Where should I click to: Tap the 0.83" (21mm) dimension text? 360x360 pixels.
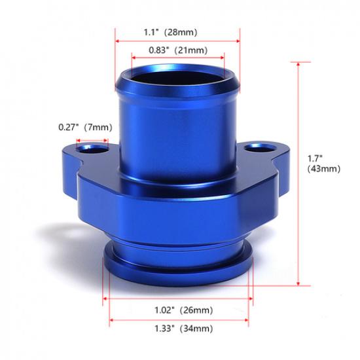(x=178, y=50)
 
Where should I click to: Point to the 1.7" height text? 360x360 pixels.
(x=315, y=158)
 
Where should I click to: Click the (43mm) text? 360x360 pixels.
(x=323, y=168)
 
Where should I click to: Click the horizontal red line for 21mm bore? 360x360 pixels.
(x=178, y=58)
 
